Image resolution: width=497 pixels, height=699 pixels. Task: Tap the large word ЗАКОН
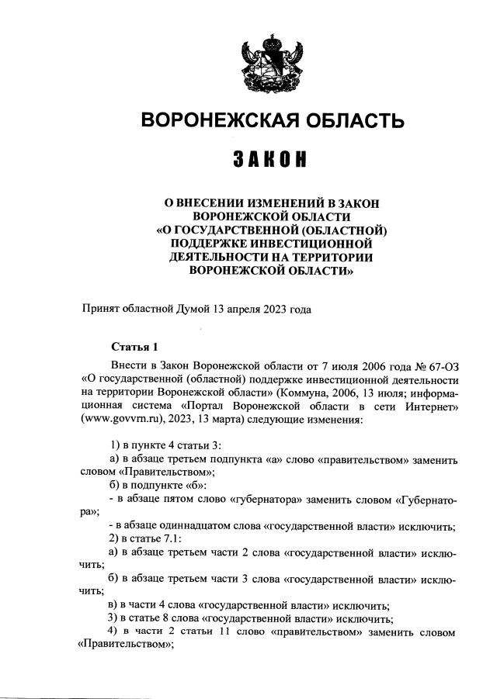[x=270, y=160]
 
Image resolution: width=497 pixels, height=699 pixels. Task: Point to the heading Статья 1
[x=134, y=346]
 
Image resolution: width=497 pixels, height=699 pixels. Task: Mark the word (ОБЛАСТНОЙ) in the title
[x=339, y=230]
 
